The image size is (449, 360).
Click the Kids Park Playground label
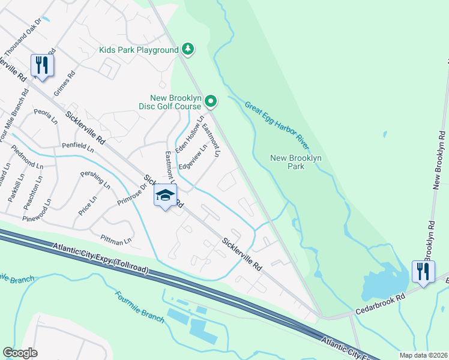[x=140, y=50]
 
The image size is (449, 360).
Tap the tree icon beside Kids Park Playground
[x=188, y=49]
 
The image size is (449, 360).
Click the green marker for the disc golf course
[x=210, y=101]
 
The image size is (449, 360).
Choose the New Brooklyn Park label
[x=296, y=163]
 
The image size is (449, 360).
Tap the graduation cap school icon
[x=166, y=195]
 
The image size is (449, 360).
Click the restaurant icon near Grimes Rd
[x=42, y=65]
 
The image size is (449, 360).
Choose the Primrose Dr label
[x=131, y=194]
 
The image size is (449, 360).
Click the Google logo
[x=20, y=353]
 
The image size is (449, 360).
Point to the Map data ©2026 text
[x=424, y=355]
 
